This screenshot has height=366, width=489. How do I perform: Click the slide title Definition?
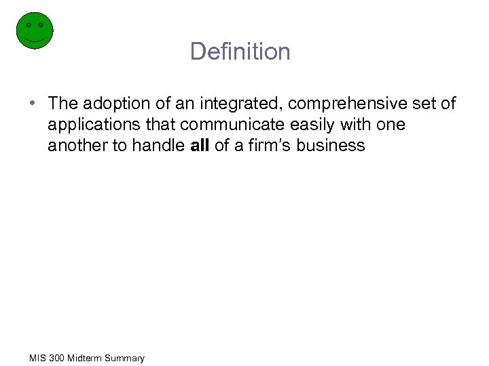click(x=240, y=52)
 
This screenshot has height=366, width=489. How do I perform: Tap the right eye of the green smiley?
click(x=41, y=25)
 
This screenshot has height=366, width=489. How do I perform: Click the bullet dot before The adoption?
click(x=33, y=104)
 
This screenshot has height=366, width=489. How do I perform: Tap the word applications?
click(x=87, y=125)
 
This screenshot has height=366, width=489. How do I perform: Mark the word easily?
click(x=293, y=125)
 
